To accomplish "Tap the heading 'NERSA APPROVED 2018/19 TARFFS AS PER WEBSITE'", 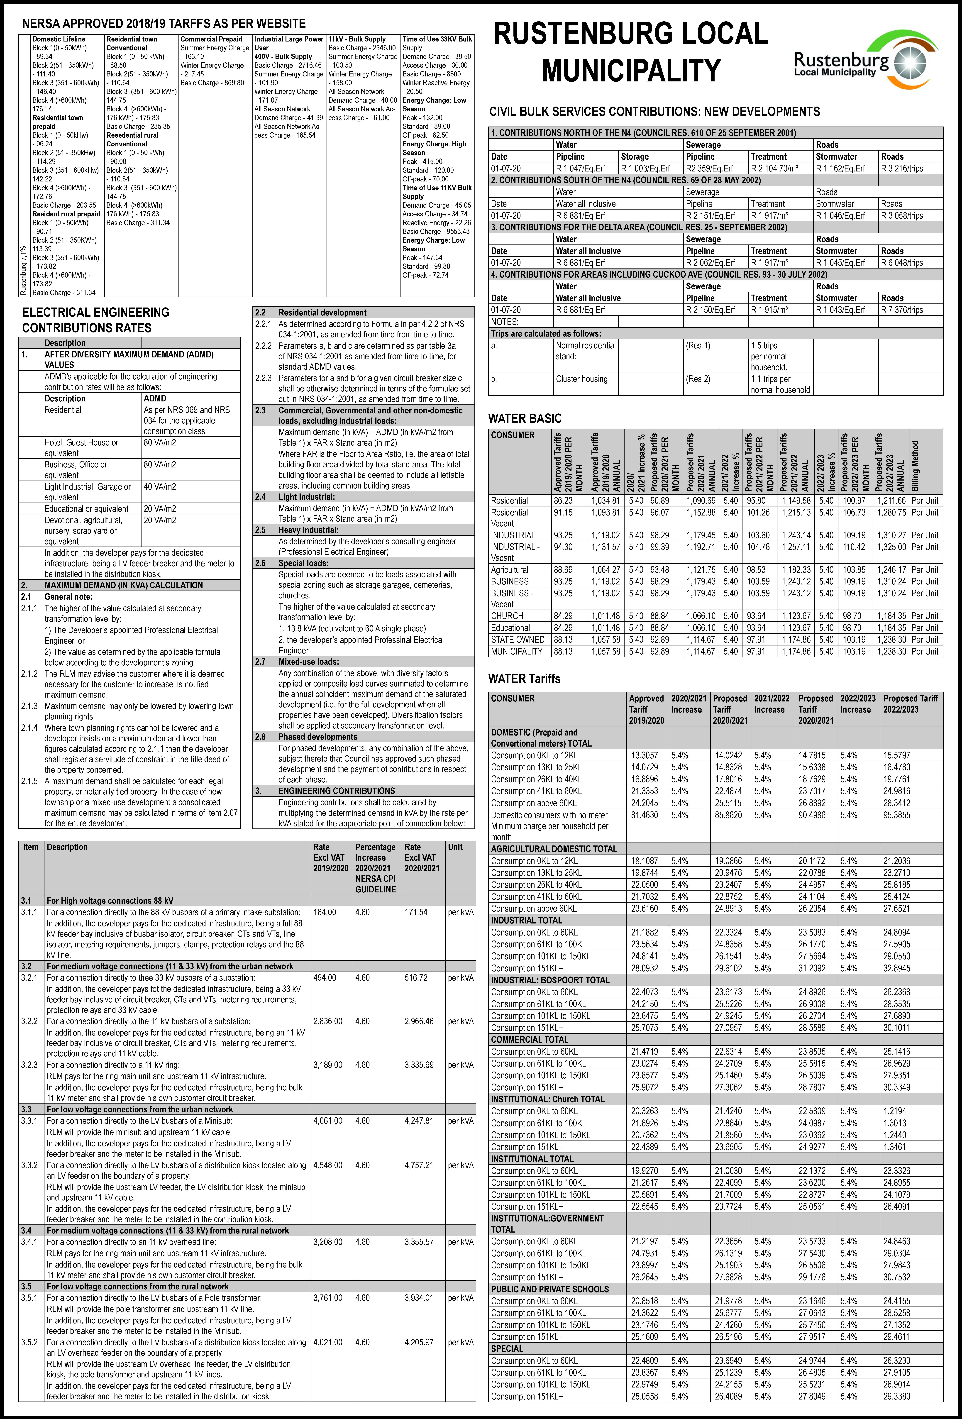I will click(x=164, y=24).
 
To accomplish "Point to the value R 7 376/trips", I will click(x=902, y=310).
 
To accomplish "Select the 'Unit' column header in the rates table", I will click(x=455, y=847).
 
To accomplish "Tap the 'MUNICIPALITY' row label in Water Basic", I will click(x=516, y=652).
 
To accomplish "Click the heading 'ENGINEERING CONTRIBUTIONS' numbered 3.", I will click(x=336, y=791).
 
